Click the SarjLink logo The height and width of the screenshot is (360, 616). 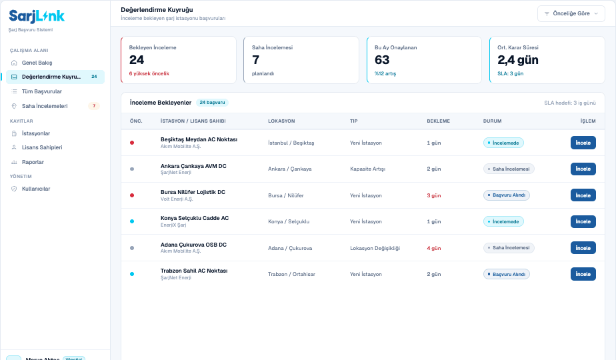coord(37,16)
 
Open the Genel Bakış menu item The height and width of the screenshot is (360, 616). coord(37,63)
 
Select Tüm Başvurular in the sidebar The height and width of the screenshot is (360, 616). coord(41,91)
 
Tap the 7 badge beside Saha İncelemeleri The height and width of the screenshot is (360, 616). coord(94,106)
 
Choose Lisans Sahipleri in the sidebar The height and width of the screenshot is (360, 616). coord(42,147)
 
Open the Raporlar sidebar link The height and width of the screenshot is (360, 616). coord(33,162)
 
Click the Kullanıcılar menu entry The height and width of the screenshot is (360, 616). coord(36,189)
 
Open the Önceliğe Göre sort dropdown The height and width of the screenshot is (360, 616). coord(571,13)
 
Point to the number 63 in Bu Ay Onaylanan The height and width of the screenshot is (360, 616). coord(382,60)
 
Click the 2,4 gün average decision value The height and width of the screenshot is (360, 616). coord(518,60)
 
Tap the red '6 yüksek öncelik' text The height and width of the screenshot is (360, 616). coord(149,73)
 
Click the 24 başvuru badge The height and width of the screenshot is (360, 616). coord(212,103)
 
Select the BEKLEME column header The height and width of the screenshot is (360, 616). coord(439,121)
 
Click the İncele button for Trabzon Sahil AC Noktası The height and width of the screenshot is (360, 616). coord(583,274)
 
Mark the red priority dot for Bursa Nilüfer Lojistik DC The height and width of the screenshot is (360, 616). coord(132,195)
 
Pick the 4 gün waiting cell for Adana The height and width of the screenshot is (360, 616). coord(434,248)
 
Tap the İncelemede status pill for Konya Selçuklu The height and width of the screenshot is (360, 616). coord(503,221)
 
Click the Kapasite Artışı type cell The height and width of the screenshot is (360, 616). coord(368,169)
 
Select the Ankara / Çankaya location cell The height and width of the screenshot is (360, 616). coord(289,169)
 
